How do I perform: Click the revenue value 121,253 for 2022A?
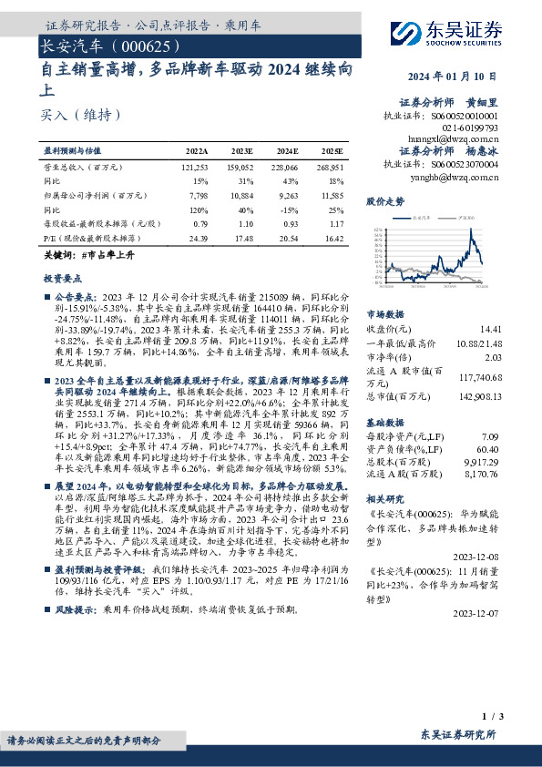coord(195,169)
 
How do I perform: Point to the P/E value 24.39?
coord(197,238)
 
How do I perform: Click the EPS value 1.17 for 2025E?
coord(334,224)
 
